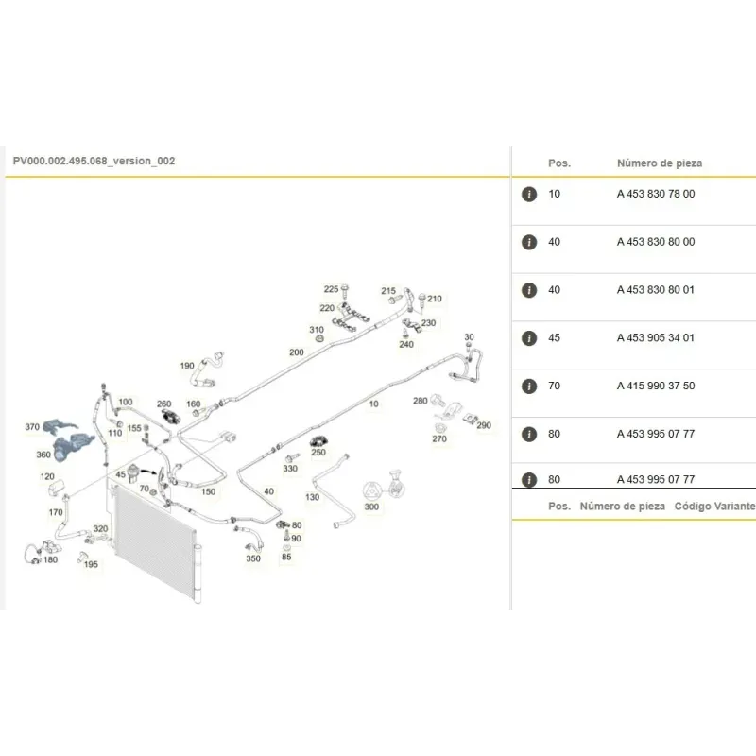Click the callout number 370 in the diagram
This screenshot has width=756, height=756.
pos(32,427)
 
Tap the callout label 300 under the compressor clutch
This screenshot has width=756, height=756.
pos(371,507)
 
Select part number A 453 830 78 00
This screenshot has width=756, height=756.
pos(656,194)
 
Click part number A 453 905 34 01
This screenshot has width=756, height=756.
pos(656,338)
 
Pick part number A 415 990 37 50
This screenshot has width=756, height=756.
pos(656,386)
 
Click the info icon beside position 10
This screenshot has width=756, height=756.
pos(529,194)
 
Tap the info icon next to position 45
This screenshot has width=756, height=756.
pos(529,338)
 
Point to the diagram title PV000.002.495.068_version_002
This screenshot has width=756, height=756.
pos(94,161)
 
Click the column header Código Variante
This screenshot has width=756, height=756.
pos(714,507)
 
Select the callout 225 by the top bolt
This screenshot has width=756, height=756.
pos(332,289)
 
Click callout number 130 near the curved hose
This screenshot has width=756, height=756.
pos(313,497)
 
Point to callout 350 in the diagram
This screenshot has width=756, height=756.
pos(253,558)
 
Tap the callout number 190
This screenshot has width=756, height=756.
pos(187,366)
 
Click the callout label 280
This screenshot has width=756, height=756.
pos(421,401)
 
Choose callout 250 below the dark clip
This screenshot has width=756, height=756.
pos(318,453)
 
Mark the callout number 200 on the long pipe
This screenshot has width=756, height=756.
pos(297,352)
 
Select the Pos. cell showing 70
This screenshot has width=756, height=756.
pos(554,386)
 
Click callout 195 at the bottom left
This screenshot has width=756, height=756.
pos(91,564)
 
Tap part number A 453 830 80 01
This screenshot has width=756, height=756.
pos(656,290)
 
